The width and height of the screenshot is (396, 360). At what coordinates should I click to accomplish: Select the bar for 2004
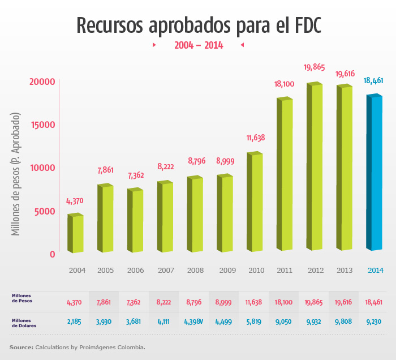75,234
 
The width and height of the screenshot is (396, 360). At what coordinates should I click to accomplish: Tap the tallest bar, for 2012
314,167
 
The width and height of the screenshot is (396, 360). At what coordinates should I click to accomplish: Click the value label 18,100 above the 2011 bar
284,84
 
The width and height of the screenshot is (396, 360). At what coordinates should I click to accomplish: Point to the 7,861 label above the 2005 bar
105,170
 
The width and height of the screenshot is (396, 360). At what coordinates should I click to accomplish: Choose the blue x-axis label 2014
376,271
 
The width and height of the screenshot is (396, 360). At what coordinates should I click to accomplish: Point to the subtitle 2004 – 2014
198,45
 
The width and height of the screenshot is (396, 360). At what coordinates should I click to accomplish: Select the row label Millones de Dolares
23,323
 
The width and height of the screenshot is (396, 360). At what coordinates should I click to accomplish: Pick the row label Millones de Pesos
23,298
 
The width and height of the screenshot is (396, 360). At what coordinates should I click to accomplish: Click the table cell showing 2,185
75,322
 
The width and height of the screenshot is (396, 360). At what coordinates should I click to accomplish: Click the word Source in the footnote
21,346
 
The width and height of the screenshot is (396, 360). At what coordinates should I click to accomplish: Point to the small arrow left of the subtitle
154,45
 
